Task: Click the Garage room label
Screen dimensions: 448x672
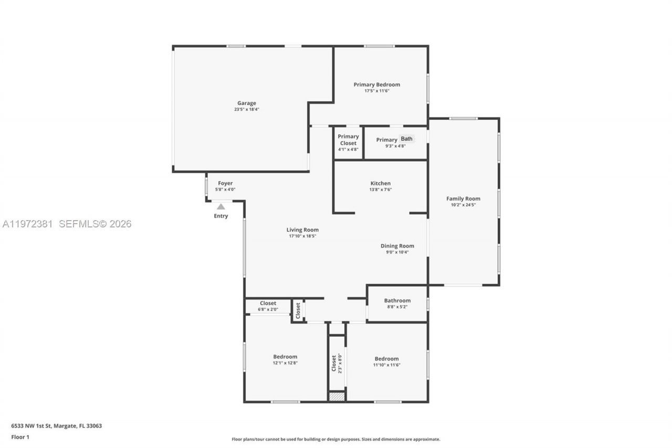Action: point(246,103)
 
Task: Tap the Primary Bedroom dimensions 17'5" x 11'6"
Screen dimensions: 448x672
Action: point(376,91)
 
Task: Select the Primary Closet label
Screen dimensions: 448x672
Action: point(348,140)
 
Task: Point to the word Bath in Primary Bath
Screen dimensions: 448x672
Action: point(407,139)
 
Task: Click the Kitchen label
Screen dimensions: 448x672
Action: point(380,183)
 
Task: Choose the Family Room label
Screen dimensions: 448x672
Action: point(463,199)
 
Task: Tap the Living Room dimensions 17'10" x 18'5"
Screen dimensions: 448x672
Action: point(302,236)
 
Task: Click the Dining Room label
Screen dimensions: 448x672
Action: point(397,246)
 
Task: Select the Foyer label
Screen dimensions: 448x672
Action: point(225,183)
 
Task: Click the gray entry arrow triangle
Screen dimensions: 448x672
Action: point(221,207)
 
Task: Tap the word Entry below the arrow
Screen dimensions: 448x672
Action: point(221,216)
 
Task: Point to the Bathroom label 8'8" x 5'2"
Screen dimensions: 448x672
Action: point(397,301)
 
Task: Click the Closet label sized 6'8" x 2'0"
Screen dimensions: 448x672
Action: point(268,303)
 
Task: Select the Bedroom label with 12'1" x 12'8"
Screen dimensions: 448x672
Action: point(285,357)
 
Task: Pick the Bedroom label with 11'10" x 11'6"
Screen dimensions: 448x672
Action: point(386,359)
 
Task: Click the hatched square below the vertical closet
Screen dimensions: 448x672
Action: point(337,397)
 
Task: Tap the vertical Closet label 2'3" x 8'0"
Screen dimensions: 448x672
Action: point(333,363)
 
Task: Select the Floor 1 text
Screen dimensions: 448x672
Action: point(20,437)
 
